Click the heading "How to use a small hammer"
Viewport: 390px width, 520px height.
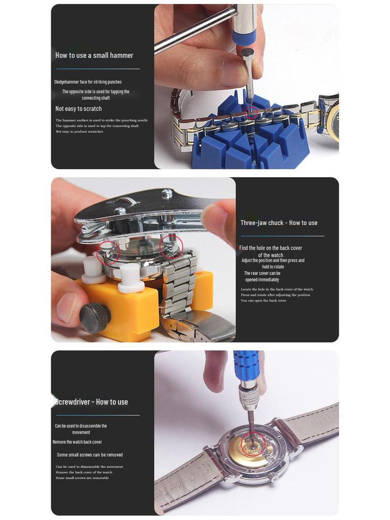click(94, 55)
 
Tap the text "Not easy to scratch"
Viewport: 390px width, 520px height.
click(78, 109)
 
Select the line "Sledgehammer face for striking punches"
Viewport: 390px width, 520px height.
click(88, 82)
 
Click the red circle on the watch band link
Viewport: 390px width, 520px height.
click(251, 113)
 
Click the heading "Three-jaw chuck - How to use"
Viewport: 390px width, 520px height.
click(279, 223)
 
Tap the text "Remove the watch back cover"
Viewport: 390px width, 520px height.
click(77, 442)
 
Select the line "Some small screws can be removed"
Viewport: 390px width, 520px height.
click(89, 455)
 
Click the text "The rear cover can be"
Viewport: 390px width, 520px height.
click(262, 273)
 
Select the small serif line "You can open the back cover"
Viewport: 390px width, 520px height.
click(263, 301)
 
